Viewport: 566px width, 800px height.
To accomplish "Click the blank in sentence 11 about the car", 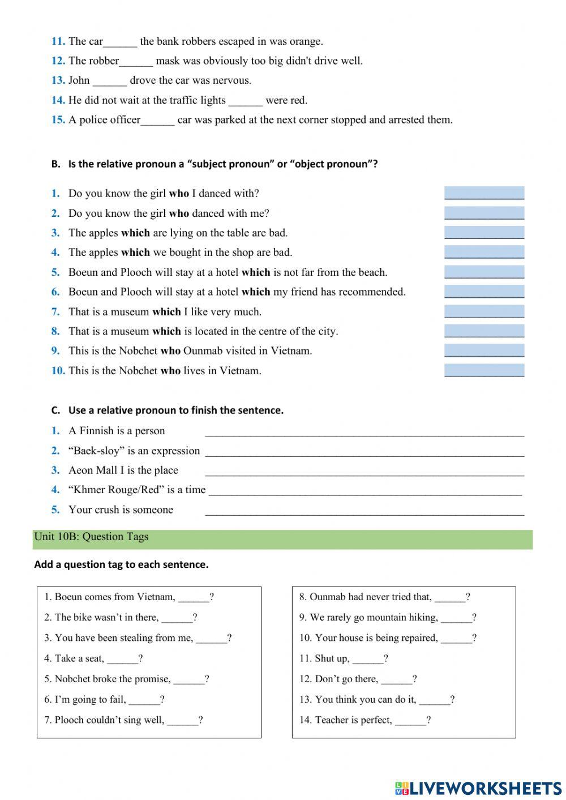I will click(120, 42).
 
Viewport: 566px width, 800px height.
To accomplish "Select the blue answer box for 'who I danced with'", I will click(484, 193).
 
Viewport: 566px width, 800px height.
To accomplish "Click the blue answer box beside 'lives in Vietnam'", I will click(484, 371).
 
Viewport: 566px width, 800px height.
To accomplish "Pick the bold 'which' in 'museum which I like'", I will click(166, 312).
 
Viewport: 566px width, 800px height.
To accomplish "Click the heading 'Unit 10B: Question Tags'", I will click(91, 537).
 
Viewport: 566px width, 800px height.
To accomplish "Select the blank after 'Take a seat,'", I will click(122, 659).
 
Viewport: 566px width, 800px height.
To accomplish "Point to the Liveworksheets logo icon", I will click(401, 788).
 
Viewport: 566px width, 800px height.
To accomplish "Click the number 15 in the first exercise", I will click(58, 120).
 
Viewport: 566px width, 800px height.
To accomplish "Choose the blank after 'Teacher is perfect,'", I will click(410, 721).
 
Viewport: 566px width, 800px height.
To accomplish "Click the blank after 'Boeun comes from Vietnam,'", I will click(194, 597).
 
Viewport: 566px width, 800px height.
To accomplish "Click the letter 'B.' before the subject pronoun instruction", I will click(55, 164).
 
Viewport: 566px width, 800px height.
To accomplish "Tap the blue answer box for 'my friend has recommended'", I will click(484, 292).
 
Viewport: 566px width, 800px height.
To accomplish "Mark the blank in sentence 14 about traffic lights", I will click(246, 101).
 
